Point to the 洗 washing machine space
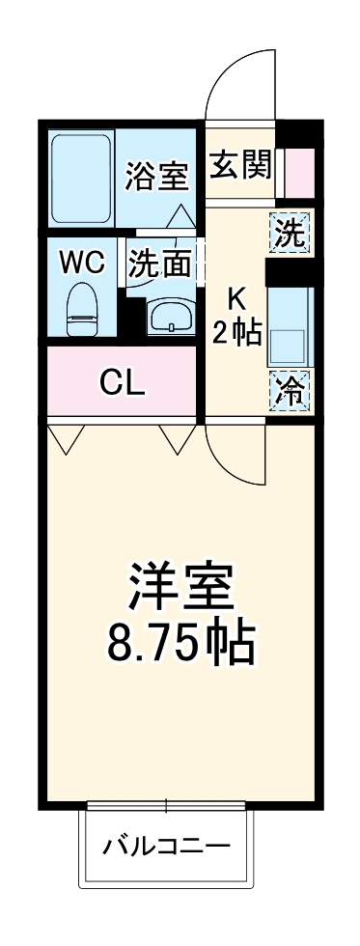(x=291, y=233)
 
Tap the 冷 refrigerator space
(x=291, y=392)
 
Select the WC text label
(x=80, y=262)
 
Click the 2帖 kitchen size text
(x=237, y=333)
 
